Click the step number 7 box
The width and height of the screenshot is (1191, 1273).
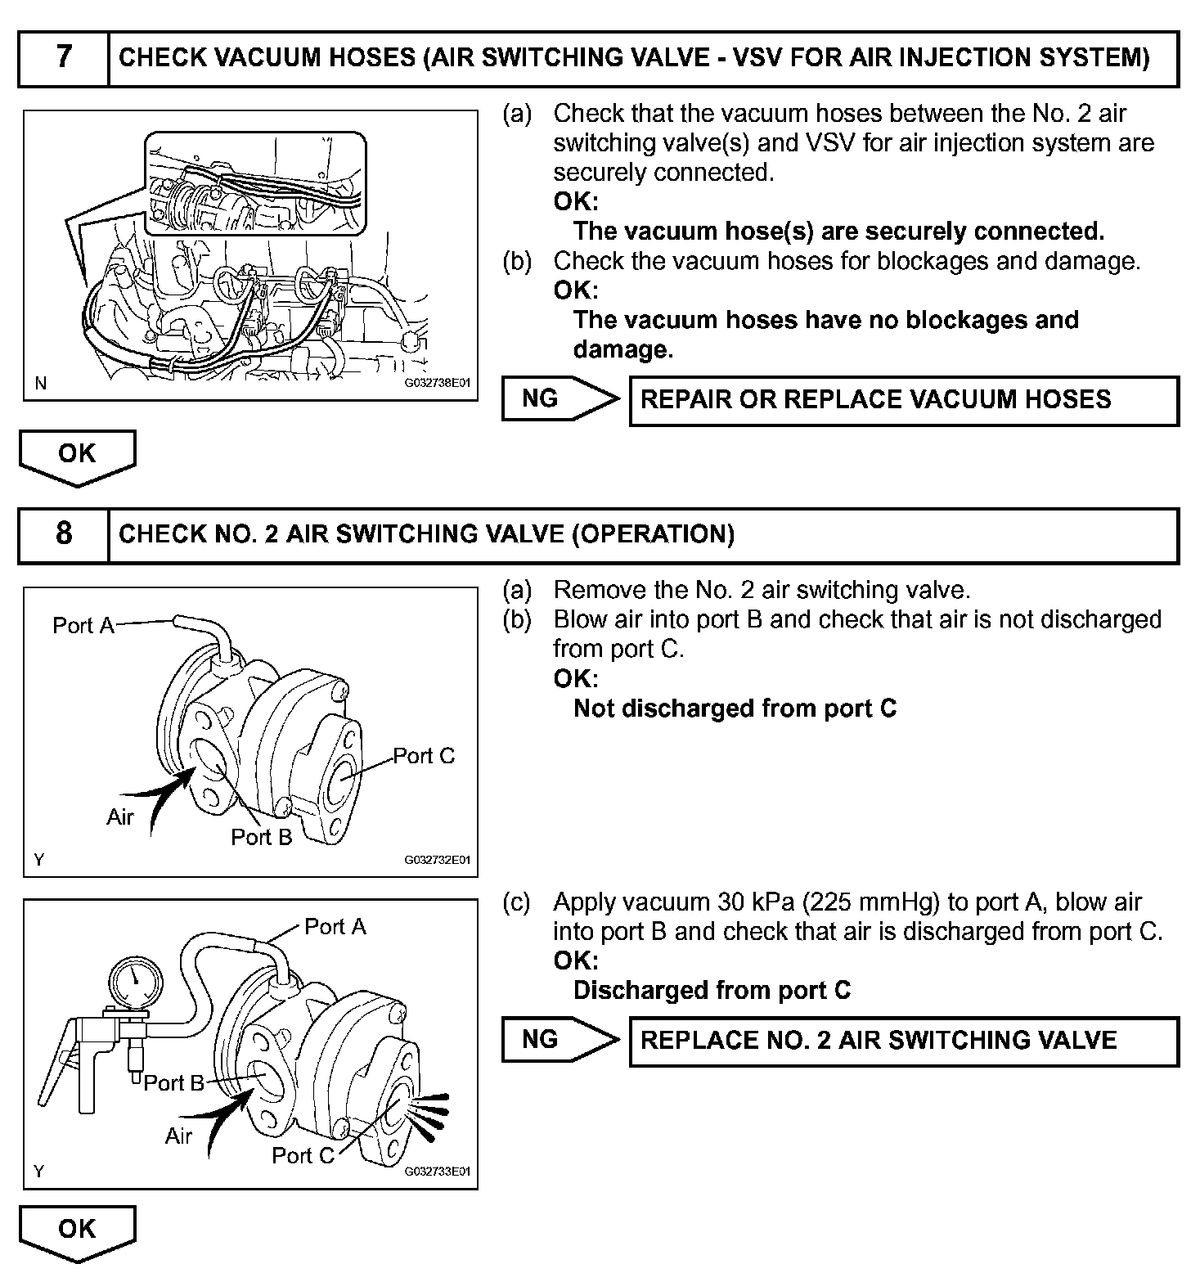(x=64, y=58)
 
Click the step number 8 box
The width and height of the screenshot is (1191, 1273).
(x=64, y=535)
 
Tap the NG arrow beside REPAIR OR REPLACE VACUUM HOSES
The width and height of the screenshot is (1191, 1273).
(x=560, y=399)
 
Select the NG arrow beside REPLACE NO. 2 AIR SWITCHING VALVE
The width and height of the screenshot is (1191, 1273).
(x=560, y=1040)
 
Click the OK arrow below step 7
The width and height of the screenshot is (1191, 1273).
(x=77, y=456)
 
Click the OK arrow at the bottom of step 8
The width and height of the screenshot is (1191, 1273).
(x=77, y=1230)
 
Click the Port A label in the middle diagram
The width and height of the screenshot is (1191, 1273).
(x=83, y=626)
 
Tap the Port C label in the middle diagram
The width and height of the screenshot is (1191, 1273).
(x=424, y=756)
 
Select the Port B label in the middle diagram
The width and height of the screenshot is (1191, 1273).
(x=261, y=837)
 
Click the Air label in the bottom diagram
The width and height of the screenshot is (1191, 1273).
(x=178, y=1136)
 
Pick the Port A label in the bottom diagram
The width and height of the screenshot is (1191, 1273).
(x=335, y=927)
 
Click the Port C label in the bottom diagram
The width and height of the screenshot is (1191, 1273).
(x=303, y=1155)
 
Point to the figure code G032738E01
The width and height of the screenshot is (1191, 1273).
(x=438, y=382)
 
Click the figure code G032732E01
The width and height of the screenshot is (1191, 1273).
(x=438, y=860)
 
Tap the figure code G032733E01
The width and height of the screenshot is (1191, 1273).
(x=438, y=1172)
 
